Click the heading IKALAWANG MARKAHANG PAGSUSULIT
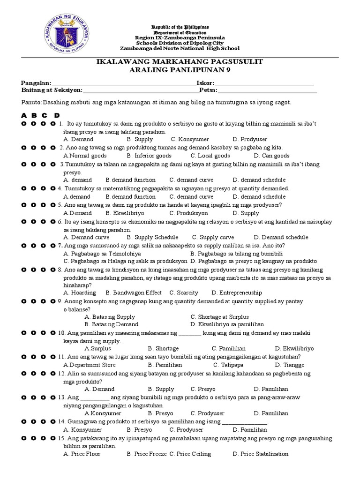tap(180, 62)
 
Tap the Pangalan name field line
tap(122, 83)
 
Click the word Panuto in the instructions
tap(31, 102)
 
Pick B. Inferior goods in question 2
tap(146, 156)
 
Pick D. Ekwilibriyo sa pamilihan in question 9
tap(227, 324)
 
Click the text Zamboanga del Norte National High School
tap(180, 48)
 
